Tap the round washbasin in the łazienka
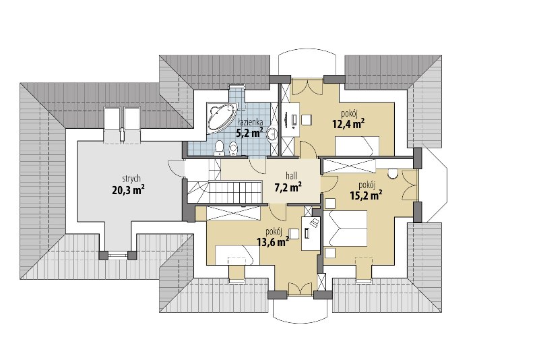273,133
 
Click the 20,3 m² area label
128,189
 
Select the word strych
131,179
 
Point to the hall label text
291,176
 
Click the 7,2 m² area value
288,187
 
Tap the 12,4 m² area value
348,123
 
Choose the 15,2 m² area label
367,195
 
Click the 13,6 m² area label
273,242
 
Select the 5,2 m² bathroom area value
249,132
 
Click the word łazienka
251,122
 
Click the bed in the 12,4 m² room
357,146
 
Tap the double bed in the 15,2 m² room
346,229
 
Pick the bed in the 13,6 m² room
237,255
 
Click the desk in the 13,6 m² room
311,233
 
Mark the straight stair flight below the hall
234,193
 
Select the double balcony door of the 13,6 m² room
300,289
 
